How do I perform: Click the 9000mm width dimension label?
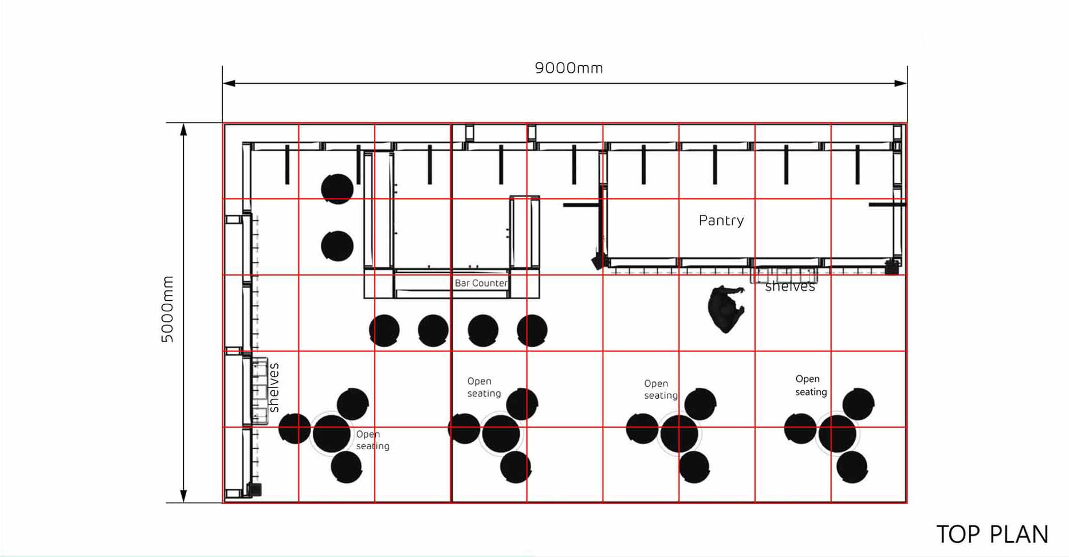pos(569,68)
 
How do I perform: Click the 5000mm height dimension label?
pos(167,309)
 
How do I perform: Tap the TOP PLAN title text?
pos(992,534)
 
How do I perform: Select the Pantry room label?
pos(721,221)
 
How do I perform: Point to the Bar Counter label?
pos(481,283)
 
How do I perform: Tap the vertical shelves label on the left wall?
pos(274,387)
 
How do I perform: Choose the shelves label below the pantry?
pos(790,287)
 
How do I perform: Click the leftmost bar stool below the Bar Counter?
pos(384,331)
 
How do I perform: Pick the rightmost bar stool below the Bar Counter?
pos(532,331)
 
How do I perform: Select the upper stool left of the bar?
pos(337,189)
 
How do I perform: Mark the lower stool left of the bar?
pos(337,246)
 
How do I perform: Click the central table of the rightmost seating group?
pos(837,434)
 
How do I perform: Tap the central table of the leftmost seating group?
pos(331,433)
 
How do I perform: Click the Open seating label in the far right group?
pos(811,386)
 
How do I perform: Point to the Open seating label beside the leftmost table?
pos(372,440)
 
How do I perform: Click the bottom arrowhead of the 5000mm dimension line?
pos(184,496)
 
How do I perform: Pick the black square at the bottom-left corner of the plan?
pos(254,490)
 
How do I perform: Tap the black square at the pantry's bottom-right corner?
pos(891,268)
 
